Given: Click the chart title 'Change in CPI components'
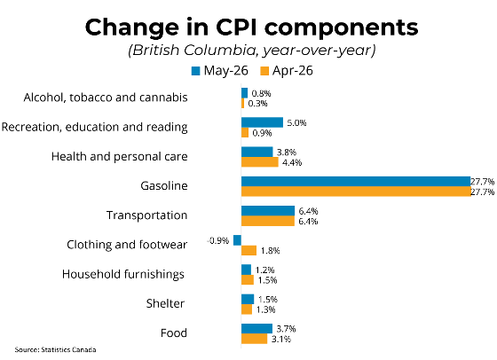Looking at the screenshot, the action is click(251, 27).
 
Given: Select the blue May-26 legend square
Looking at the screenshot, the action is click(196, 71).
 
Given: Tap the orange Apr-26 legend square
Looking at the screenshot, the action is click(264, 71).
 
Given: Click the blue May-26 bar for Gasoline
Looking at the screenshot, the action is click(356, 182).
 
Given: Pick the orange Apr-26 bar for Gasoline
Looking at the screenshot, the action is click(356, 192).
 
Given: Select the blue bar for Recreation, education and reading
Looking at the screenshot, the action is click(262, 122).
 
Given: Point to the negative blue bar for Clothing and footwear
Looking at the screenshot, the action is click(237, 240).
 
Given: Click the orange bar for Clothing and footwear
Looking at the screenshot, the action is click(248, 250).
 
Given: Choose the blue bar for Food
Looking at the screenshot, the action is click(256, 329).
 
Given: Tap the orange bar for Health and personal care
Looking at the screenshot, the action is click(259, 162).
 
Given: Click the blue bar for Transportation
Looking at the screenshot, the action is click(268, 211).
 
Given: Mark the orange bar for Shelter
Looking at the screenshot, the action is click(247, 309).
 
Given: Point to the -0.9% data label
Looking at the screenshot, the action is click(218, 240).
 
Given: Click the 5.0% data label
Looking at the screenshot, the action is click(296, 123).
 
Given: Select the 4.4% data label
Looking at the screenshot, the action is click(292, 162).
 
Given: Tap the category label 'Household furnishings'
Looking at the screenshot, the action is click(123, 274).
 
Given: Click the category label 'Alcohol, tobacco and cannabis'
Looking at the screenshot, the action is click(106, 98).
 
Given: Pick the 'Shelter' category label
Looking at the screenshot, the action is click(165, 303).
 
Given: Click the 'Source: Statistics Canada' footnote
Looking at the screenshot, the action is click(55, 350).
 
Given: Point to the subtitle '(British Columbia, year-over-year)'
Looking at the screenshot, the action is click(252, 51).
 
